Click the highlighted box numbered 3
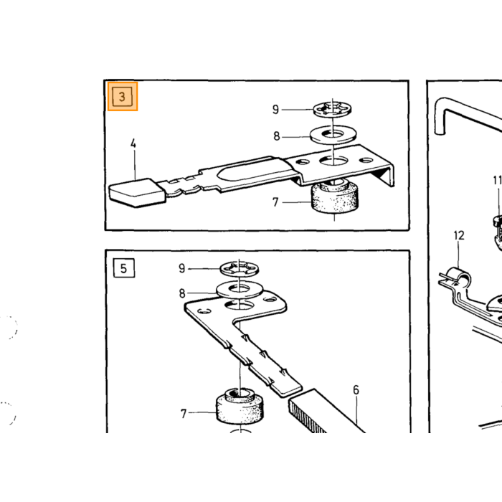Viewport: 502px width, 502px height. coord(123,96)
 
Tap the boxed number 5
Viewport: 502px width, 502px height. coord(124,268)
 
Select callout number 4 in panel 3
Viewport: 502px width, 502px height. coord(133,143)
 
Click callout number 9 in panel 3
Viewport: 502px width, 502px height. coord(275,110)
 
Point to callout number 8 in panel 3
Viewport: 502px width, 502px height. coord(277,136)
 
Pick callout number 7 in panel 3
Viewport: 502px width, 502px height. coord(275,202)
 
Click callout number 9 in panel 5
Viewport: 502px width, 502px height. coord(182,268)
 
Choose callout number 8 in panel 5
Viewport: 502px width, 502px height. coord(182,293)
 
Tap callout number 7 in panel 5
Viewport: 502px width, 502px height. coord(184,414)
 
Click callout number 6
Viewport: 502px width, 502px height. coord(356,390)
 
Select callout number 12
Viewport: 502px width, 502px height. coord(459,236)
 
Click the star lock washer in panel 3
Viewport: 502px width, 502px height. coord(332,109)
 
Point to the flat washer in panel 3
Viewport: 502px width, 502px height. coord(333,135)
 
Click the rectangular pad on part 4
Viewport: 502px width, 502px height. coord(138,193)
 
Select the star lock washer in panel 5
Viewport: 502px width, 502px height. coord(240,268)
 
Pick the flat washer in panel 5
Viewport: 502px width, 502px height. coord(240,290)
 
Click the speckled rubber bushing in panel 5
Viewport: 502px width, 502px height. coord(240,406)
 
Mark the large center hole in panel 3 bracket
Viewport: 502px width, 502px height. coord(333,160)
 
